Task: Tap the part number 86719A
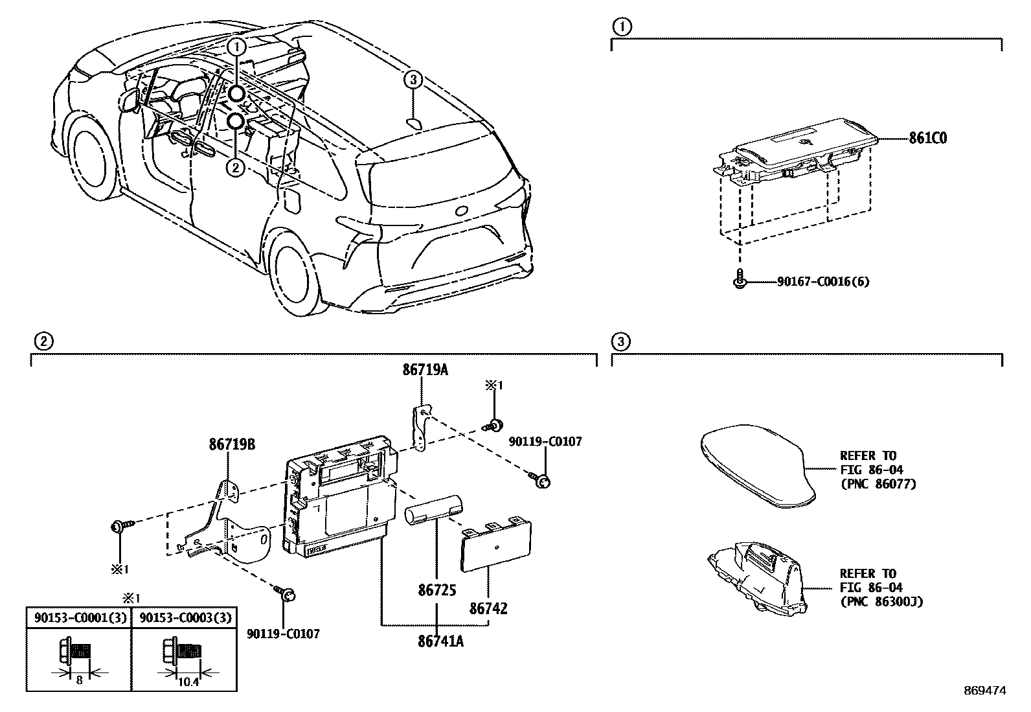pyautogui.click(x=425, y=370)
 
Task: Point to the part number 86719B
pyautogui.click(x=232, y=444)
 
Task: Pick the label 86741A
pyautogui.click(x=440, y=641)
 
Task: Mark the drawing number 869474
pyautogui.click(x=985, y=691)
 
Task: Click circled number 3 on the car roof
pyautogui.click(x=413, y=80)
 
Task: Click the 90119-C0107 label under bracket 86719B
pyautogui.click(x=283, y=634)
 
